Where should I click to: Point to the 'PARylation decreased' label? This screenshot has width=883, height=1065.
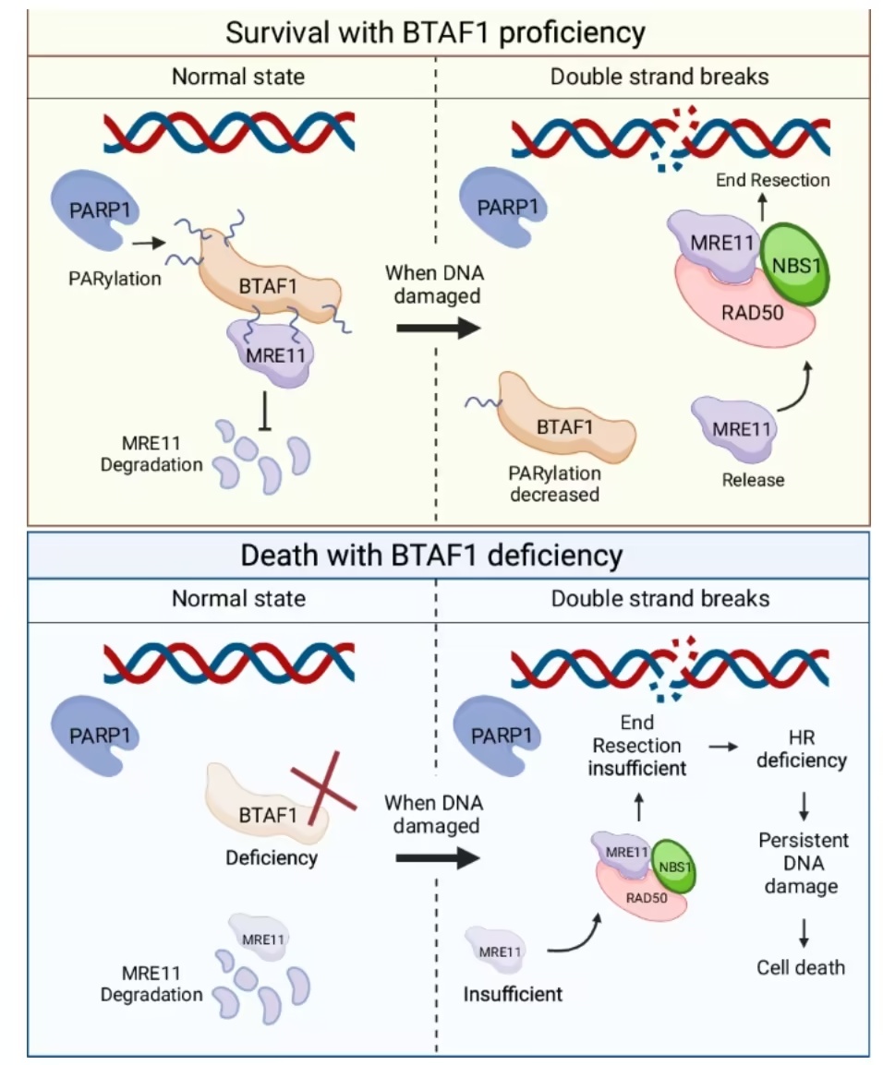(554, 484)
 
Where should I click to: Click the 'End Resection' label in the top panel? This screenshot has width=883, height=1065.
(772, 180)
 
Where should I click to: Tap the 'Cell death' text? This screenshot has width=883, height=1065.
(801, 967)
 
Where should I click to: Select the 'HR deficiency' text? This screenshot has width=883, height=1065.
(801, 748)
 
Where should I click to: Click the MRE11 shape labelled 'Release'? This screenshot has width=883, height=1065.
(736, 429)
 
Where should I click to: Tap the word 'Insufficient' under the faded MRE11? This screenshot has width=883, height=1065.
(513, 994)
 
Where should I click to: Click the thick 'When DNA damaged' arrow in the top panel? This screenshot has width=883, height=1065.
(438, 328)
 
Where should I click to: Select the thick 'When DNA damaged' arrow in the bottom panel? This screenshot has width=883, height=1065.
(438, 857)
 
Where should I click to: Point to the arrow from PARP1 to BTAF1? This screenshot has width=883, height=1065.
(146, 244)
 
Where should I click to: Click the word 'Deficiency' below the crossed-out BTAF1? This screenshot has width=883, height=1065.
(272, 857)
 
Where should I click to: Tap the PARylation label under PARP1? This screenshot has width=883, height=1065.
(115, 277)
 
